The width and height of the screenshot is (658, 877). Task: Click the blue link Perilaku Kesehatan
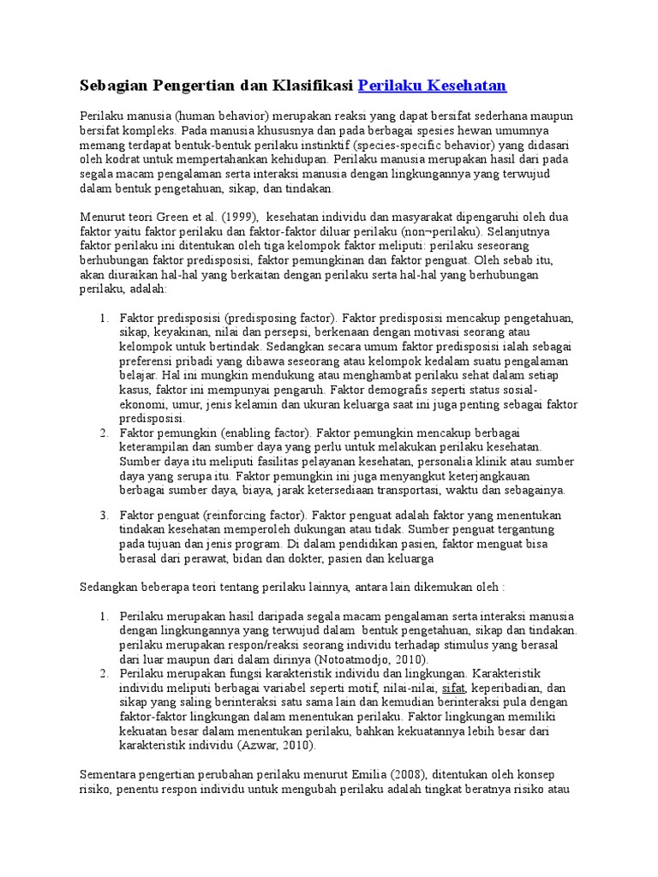[x=432, y=85]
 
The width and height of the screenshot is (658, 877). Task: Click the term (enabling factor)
[x=261, y=433]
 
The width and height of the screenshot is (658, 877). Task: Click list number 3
[x=103, y=515]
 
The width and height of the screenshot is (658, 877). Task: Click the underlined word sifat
[x=453, y=688]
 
